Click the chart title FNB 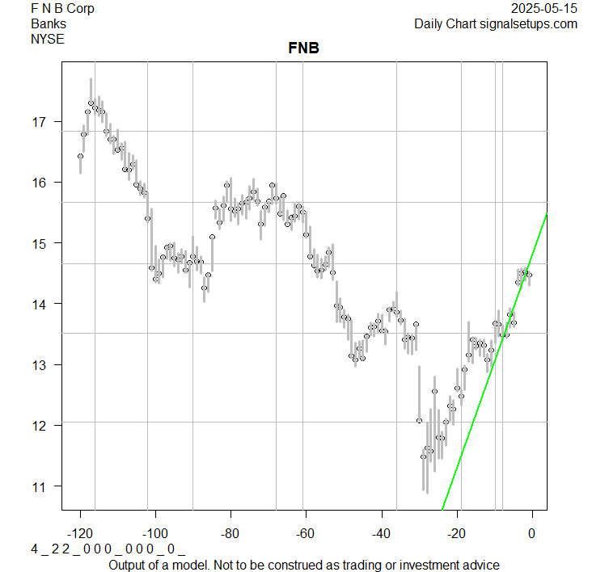(x=303, y=48)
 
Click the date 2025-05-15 (x=545, y=9)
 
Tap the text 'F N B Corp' (x=62, y=9)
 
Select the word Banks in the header (x=49, y=23)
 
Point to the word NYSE (x=48, y=38)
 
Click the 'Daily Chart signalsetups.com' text (x=496, y=23)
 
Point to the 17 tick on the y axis (x=40, y=122)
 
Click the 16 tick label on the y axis (x=40, y=183)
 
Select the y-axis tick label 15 (x=40, y=243)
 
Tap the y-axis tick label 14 (x=40, y=304)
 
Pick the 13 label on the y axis (x=40, y=364)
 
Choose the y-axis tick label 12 (x=40, y=425)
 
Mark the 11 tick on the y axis (x=40, y=486)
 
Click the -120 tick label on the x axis (x=80, y=532)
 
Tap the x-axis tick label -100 (x=155, y=532)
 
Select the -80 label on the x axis (x=230, y=532)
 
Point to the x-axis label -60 (x=306, y=532)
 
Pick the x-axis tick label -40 (x=381, y=532)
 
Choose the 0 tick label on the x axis (x=531, y=532)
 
